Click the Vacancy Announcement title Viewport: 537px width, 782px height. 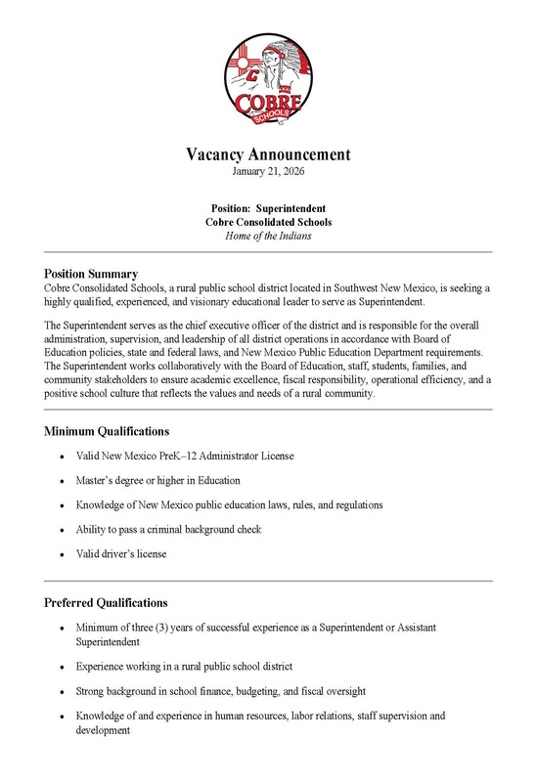[x=268, y=155]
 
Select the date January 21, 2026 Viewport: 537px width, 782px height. [x=268, y=172]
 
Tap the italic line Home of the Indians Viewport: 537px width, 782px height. [x=268, y=237]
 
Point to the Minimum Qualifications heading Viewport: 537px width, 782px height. [x=108, y=430]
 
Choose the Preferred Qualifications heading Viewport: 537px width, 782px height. [x=107, y=602]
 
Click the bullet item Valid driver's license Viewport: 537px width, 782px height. [x=121, y=553]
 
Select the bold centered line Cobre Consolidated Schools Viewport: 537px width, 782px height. [x=268, y=223]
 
